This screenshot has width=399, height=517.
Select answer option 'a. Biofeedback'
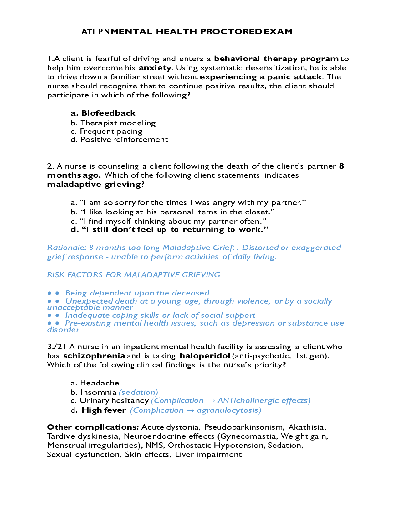(x=103, y=113)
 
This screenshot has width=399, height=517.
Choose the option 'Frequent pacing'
(x=111, y=131)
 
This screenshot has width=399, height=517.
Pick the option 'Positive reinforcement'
(x=124, y=139)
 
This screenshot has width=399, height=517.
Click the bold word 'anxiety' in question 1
(x=155, y=68)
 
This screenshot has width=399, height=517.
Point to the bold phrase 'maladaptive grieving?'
(x=96, y=184)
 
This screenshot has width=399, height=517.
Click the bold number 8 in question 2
(x=341, y=166)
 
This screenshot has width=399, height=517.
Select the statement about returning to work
(x=170, y=230)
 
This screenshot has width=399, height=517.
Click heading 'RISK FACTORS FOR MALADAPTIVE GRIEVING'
(x=134, y=275)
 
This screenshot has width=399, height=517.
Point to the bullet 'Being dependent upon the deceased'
(x=137, y=293)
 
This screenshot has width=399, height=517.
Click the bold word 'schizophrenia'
(x=94, y=356)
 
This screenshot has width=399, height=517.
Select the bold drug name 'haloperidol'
(x=205, y=356)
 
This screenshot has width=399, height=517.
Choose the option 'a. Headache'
(x=95, y=383)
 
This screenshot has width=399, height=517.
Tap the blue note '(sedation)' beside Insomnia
(x=138, y=392)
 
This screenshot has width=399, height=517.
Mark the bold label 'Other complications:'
(x=93, y=427)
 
